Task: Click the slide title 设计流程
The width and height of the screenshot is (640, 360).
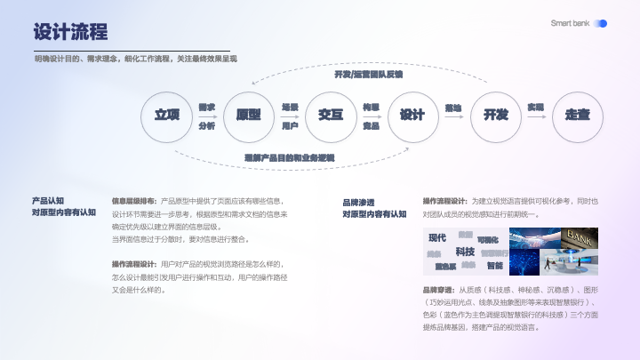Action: coord(70,33)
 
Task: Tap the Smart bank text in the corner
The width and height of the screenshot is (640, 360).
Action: coord(570,23)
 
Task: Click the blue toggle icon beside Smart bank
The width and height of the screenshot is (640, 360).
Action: coord(601,23)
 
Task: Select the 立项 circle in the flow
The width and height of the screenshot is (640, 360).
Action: coord(167,116)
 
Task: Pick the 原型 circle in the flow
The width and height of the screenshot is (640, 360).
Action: coord(248,116)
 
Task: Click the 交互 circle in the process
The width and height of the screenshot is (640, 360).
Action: coord(330,116)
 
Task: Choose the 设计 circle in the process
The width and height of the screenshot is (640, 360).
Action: coord(412,116)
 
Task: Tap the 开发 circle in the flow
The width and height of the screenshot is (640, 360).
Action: coord(495,116)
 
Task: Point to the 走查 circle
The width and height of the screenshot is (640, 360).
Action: coord(577,116)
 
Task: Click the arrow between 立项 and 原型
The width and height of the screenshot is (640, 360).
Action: coord(207,116)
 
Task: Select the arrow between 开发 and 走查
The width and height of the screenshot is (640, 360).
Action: coord(536,116)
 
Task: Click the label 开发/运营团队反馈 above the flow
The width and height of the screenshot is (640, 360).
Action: coord(368,74)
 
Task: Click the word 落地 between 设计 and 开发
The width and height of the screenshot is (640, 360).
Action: coord(453,108)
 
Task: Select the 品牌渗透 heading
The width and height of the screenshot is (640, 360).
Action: coord(358,202)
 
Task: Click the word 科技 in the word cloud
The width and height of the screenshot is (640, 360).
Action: coord(465,252)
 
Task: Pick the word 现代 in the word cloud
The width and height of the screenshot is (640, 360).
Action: coord(437,237)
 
